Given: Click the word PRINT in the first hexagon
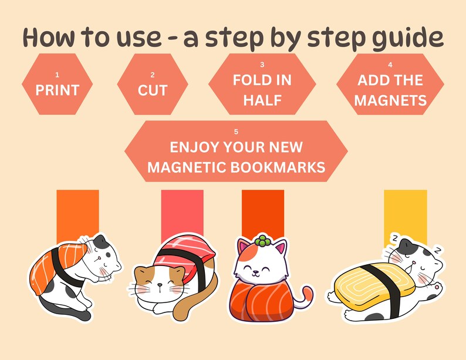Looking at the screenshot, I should click(57, 90).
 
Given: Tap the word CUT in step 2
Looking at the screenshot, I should click(153, 90).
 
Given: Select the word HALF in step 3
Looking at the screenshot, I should click(262, 100).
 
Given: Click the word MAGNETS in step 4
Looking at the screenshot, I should click(390, 100).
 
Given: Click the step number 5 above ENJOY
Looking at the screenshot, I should click(236, 131).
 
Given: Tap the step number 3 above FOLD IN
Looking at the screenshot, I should click(262, 64).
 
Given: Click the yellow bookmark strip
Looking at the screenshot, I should click(405, 214).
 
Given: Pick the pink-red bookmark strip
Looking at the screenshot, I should click(182, 211).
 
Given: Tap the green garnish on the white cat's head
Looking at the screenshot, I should click(261, 241).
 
